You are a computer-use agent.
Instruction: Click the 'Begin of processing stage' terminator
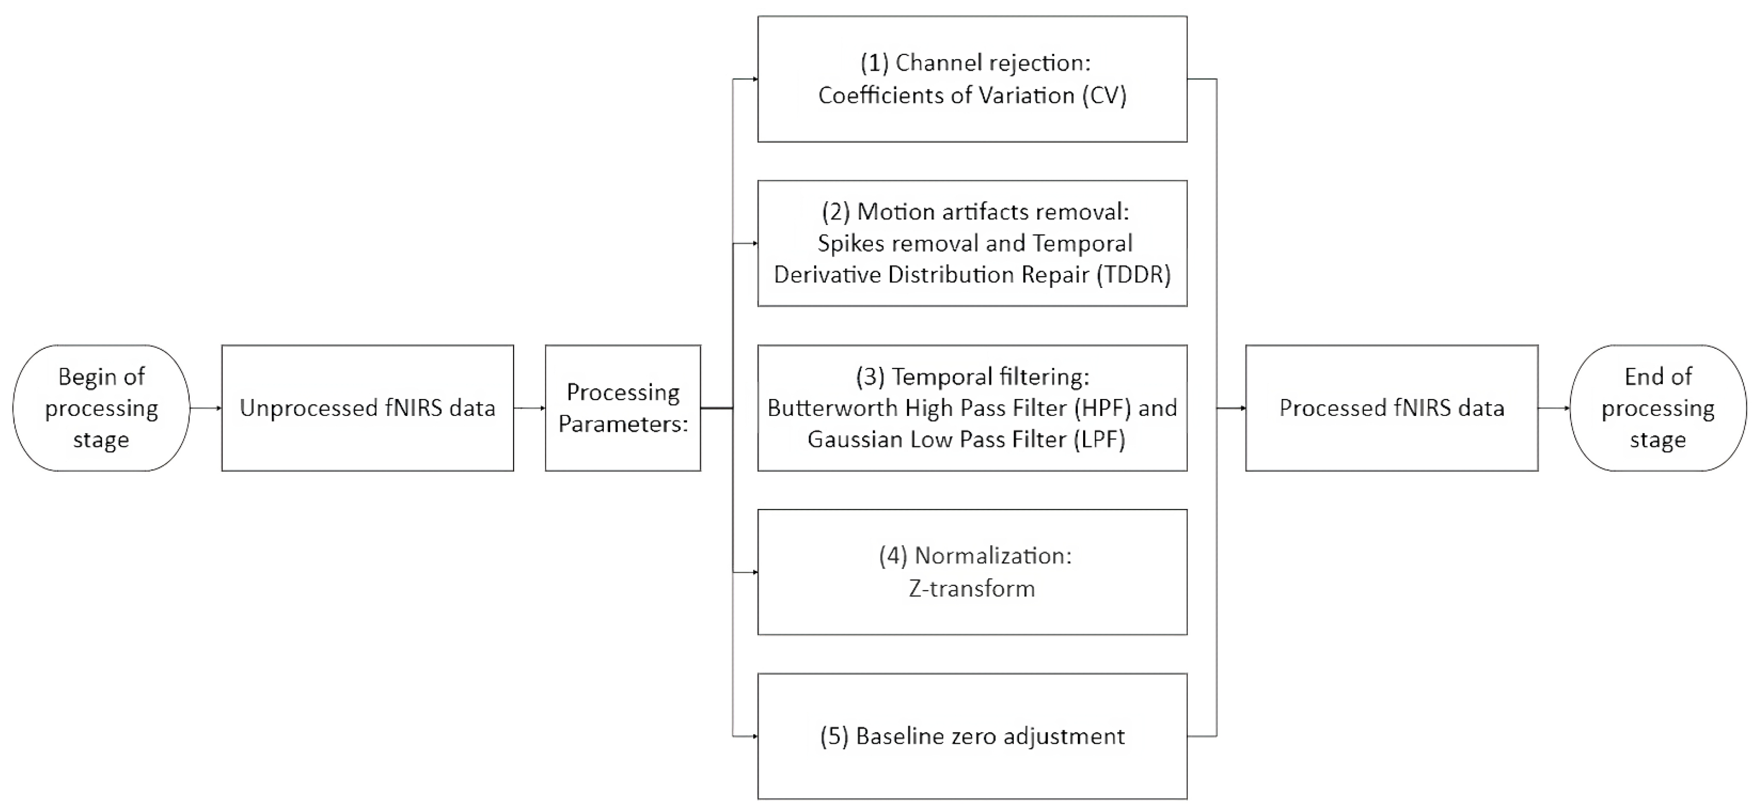point(101,408)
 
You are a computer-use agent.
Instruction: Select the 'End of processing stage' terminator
point(1657,408)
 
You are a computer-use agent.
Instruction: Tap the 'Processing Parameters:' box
point(623,408)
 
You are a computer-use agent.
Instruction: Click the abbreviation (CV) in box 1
point(1105,96)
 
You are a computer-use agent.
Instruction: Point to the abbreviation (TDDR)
point(1133,275)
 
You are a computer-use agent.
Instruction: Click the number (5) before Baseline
point(834,736)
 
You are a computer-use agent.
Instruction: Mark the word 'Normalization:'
point(993,556)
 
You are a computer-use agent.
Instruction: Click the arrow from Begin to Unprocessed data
point(206,408)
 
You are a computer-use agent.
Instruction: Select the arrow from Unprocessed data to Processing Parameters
point(529,408)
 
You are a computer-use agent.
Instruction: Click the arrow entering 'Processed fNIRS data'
point(1231,408)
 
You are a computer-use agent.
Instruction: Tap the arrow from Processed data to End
point(1553,408)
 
